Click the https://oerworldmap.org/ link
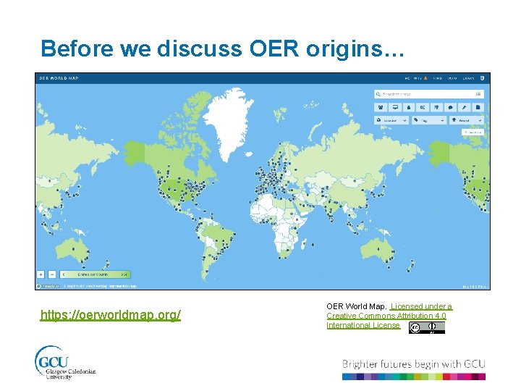(x=111, y=315)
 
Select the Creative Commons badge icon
(x=426, y=327)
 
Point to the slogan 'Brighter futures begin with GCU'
(x=413, y=363)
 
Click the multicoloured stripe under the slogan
(x=413, y=377)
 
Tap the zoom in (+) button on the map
(x=41, y=274)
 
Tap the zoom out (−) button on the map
(x=52, y=274)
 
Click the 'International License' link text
(x=363, y=325)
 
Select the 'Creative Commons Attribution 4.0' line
(x=386, y=316)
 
